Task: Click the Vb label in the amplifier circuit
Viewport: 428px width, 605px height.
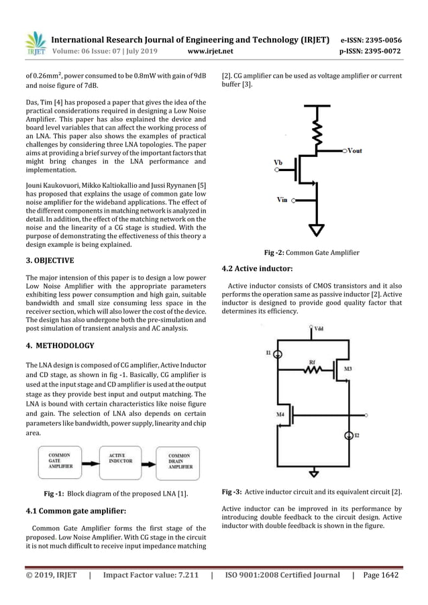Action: coord(278,162)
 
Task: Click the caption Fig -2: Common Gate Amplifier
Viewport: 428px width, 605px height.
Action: coord(312,253)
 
